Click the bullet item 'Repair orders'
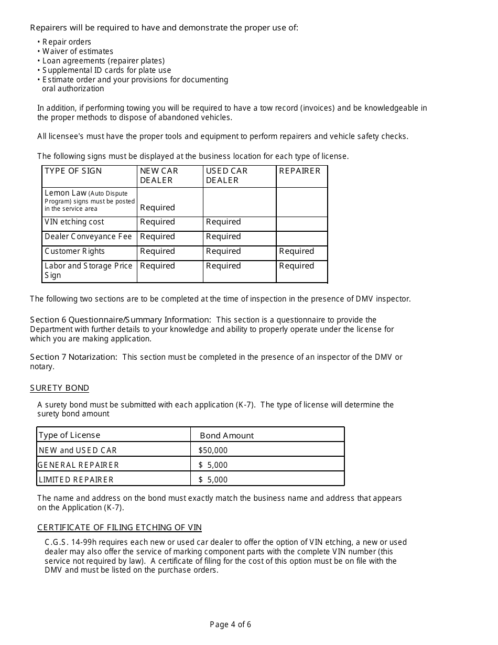[67, 42]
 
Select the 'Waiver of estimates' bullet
[78, 51]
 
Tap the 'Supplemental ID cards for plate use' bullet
[106, 70]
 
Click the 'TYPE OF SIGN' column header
[73, 171]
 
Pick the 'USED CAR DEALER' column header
[226, 176]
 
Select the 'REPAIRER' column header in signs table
[299, 171]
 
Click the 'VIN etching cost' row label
[74, 222]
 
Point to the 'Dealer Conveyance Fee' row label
[88, 237]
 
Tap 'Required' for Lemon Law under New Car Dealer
[157, 208]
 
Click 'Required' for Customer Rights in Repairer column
[296, 252]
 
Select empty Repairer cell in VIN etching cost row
[301, 223]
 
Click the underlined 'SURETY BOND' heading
[59, 388]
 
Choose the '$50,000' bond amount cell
[213, 450]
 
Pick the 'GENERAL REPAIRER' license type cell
[79, 465]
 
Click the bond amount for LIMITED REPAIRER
[213, 480]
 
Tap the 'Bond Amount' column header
[226, 436]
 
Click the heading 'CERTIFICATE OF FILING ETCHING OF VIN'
[120, 528]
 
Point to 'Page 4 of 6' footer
[230, 625]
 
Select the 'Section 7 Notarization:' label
[73, 357]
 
